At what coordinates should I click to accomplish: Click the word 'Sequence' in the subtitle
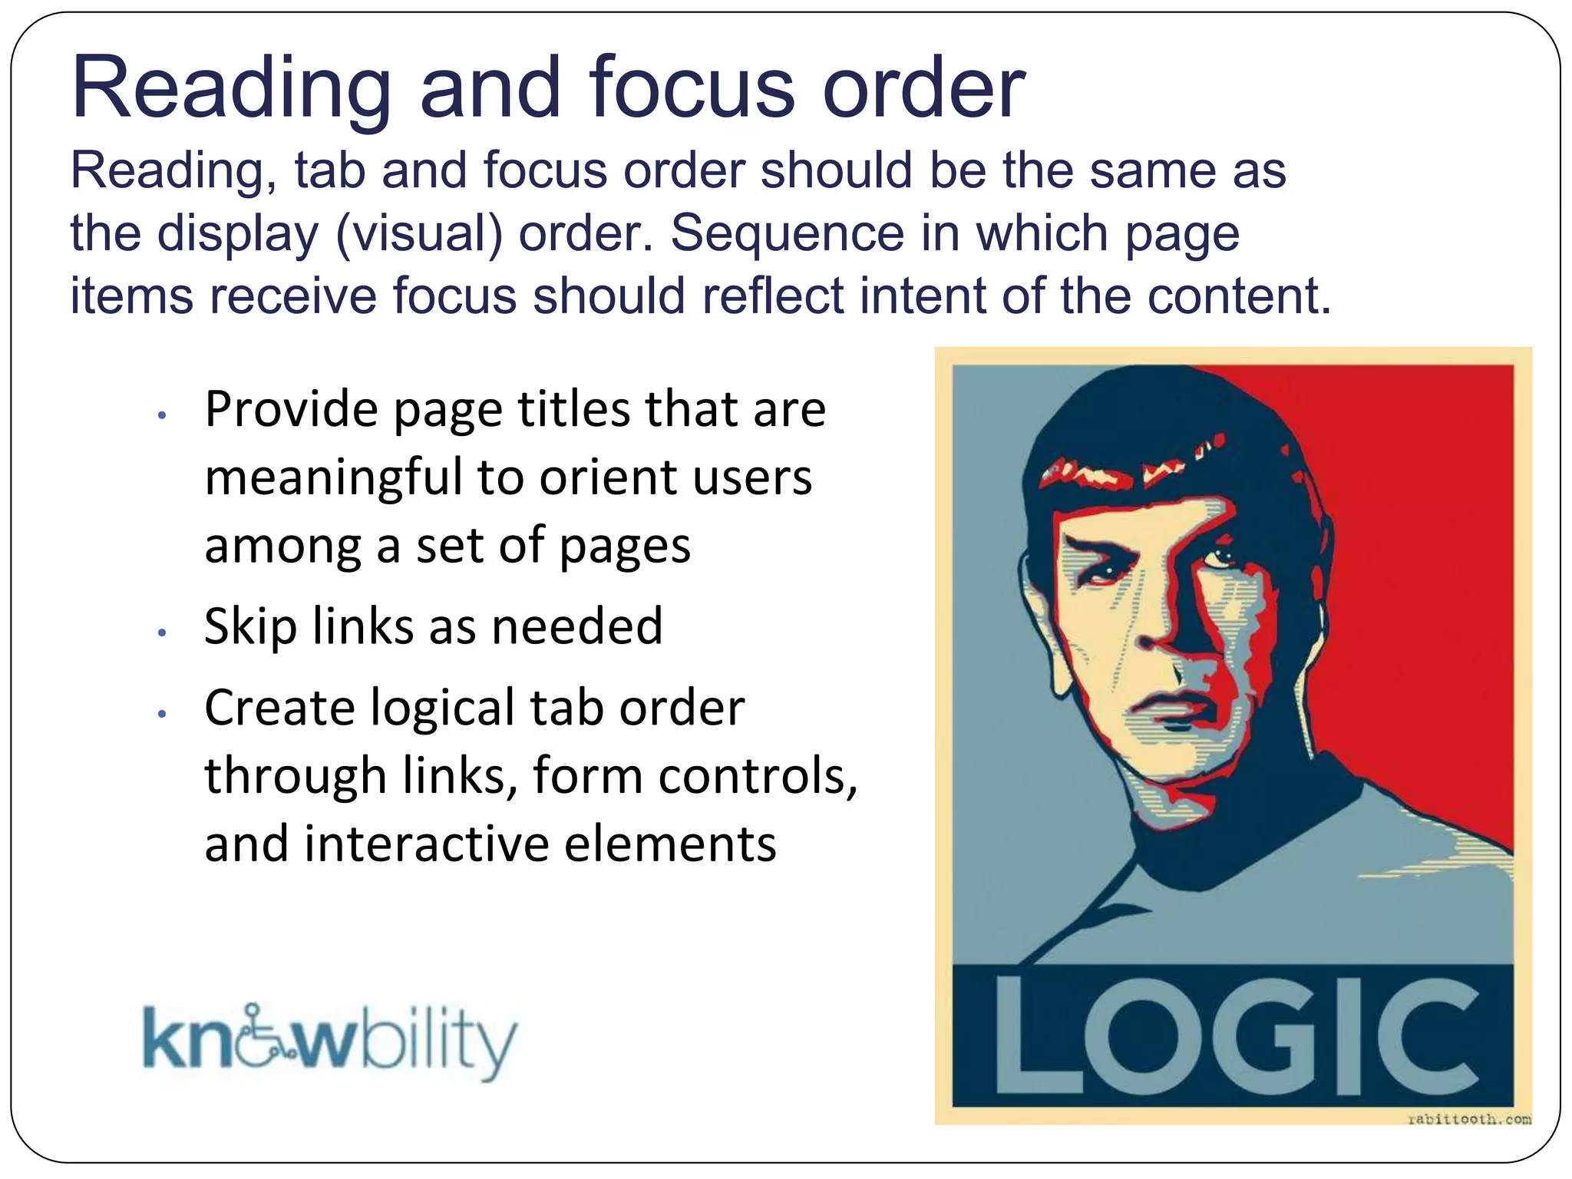788,234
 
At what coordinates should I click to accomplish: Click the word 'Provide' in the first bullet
291,410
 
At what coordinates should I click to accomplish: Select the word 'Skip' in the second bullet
249,627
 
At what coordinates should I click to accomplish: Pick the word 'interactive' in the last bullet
426,844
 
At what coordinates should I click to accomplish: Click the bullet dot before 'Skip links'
161,633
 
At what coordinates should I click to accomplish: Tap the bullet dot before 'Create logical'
161,714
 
